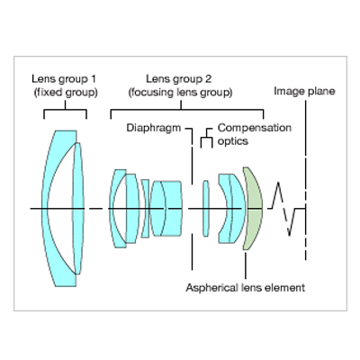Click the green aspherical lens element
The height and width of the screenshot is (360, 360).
[x=254, y=209]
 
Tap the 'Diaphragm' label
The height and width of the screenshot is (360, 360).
[x=153, y=128]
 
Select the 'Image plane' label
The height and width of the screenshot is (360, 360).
[x=304, y=92]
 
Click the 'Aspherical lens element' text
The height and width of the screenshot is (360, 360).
[x=246, y=288]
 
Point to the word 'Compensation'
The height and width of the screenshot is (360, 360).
[x=255, y=128]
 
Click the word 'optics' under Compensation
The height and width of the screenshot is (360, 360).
[x=233, y=141]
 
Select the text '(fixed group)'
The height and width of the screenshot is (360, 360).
[x=66, y=93]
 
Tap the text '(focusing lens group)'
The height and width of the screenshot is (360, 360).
[x=181, y=93]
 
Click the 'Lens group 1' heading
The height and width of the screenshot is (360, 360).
[x=64, y=79]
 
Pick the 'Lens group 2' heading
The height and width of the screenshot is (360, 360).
[x=178, y=79]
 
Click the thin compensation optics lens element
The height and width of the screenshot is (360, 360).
[x=206, y=209]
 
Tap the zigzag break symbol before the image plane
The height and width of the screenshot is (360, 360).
[x=283, y=209]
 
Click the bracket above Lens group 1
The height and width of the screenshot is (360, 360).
[x=65, y=110]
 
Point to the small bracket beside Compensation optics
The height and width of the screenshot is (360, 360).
[x=207, y=138]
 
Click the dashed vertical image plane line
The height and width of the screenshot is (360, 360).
[x=306, y=180]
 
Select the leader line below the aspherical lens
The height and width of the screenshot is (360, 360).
[x=246, y=265]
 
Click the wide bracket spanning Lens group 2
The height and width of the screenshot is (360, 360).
[x=187, y=110]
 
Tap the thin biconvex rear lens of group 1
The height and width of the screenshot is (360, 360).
[x=78, y=209]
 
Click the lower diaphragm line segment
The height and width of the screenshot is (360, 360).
[x=192, y=252]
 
